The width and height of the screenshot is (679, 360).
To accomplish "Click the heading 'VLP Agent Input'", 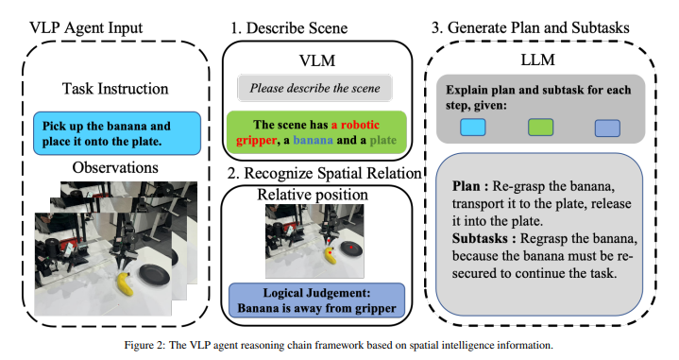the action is pyautogui.click(x=86, y=27).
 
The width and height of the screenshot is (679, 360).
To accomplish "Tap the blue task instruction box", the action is pyautogui.click(x=117, y=133).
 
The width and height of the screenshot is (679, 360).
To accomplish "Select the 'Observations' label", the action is pyautogui.click(x=115, y=167).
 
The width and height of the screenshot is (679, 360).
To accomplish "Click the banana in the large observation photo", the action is pyautogui.click(x=125, y=283).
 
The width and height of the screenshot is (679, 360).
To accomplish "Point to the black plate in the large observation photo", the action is pyautogui.click(x=155, y=276).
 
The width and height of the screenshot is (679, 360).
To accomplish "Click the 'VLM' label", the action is pyautogui.click(x=317, y=60).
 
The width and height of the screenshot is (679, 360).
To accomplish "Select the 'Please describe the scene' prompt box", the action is pyautogui.click(x=314, y=88).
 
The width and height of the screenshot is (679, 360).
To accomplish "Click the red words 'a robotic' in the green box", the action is pyautogui.click(x=355, y=125).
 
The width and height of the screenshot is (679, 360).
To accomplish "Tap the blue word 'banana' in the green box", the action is pyautogui.click(x=314, y=140).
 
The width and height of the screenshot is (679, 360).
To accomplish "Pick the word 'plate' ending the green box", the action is pyautogui.click(x=383, y=141).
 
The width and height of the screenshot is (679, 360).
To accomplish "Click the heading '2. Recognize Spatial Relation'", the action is pyautogui.click(x=324, y=173).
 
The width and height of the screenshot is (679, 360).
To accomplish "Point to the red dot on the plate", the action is pyautogui.click(x=351, y=248).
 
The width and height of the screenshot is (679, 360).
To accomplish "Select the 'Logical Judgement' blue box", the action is pyautogui.click(x=316, y=300).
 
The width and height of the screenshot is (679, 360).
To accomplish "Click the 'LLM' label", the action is pyautogui.click(x=537, y=60).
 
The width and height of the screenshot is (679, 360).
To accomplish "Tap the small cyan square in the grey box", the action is pyautogui.click(x=472, y=128).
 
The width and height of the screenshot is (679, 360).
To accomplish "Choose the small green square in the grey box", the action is pyautogui.click(x=540, y=128).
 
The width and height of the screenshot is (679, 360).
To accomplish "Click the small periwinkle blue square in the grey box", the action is pyautogui.click(x=607, y=129).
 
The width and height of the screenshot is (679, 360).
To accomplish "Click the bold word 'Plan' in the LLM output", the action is pyautogui.click(x=466, y=186).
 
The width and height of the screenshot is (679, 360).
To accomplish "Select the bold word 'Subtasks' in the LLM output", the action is pyautogui.click(x=480, y=238).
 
